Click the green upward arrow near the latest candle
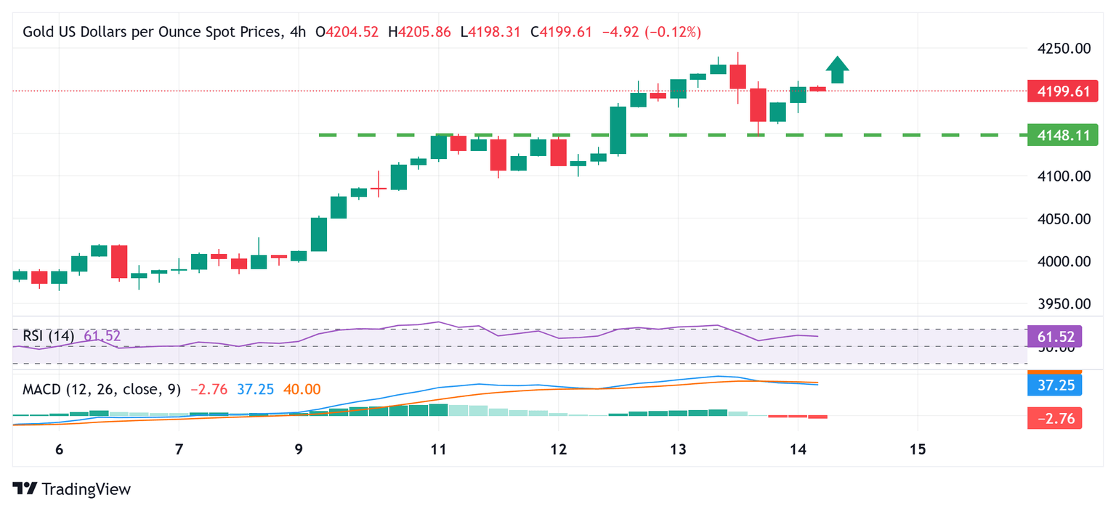click(x=837, y=70)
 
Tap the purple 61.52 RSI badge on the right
click(x=1055, y=337)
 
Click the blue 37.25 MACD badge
click(x=1055, y=385)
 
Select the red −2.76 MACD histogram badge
click(x=1055, y=418)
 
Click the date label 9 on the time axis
click(x=299, y=449)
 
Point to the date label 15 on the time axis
click(x=917, y=449)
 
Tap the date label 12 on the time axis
click(x=557, y=449)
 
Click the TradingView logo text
click(x=86, y=489)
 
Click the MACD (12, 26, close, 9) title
click(x=102, y=390)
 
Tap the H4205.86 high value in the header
click(x=420, y=32)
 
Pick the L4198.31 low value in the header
click(x=490, y=32)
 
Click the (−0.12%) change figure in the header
click(x=673, y=32)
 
